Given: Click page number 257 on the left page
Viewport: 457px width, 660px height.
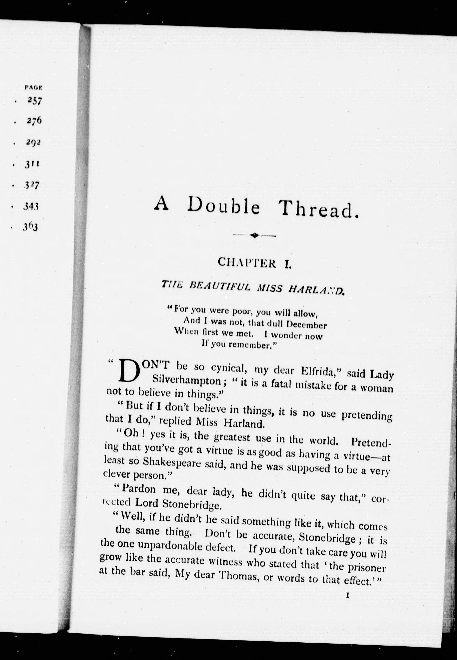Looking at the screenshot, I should [35, 101].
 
